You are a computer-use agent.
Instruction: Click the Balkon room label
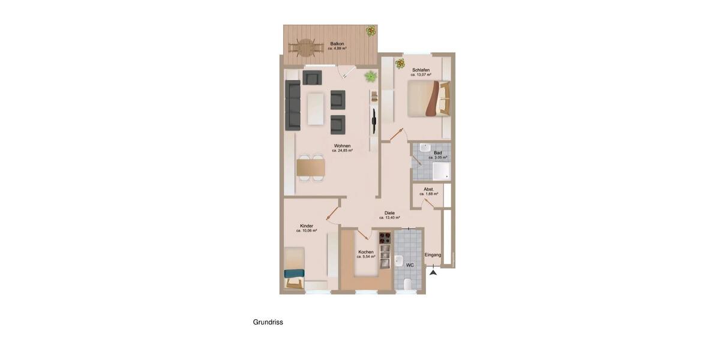click(337, 44)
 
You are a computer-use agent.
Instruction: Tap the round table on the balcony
click(305, 46)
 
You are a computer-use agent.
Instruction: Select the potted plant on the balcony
click(371, 30)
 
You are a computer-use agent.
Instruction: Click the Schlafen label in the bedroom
click(421, 70)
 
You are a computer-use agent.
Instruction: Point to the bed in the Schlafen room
click(427, 98)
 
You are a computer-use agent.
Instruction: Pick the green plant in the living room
click(371, 76)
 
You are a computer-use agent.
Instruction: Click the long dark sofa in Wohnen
click(293, 106)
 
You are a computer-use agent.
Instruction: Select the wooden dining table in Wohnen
click(311, 167)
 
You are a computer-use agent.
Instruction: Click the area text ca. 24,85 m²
click(342, 151)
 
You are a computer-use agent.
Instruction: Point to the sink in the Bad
click(425, 148)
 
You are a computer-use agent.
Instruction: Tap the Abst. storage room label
click(428, 189)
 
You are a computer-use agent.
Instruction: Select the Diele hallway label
click(389, 213)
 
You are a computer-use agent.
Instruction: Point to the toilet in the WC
click(408, 284)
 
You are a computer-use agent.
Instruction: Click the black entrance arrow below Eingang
click(433, 272)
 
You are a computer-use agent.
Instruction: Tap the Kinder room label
click(307, 226)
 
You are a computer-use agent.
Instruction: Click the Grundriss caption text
click(268, 322)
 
